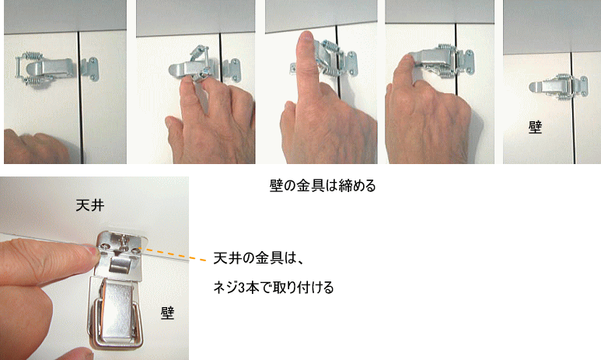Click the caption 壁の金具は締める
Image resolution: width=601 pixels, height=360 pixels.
(323, 186)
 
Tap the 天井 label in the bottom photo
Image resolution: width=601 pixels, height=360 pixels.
(90, 205)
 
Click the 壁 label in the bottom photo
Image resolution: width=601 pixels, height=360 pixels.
(167, 313)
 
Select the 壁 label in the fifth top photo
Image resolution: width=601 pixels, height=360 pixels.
(535, 127)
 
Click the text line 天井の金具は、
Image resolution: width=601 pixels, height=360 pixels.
(259, 258)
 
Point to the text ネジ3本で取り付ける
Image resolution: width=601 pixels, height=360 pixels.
(273, 287)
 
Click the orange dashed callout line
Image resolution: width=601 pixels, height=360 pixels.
(173, 254)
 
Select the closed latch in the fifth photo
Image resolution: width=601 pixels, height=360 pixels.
(554, 87)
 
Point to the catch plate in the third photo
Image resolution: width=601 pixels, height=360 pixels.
(350, 63)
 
